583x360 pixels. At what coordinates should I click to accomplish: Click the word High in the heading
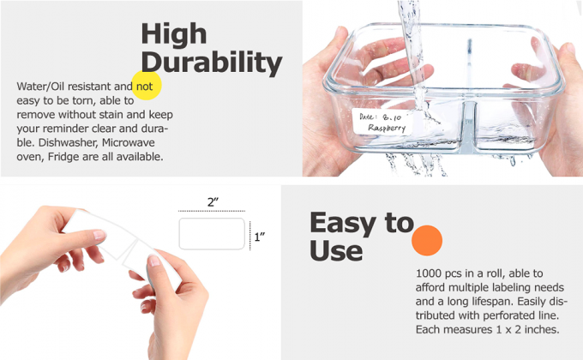point(173,34)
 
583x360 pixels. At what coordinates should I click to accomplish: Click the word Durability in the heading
point(211,63)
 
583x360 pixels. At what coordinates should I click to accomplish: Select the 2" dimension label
point(213,201)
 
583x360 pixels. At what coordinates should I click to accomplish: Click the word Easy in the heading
point(344,223)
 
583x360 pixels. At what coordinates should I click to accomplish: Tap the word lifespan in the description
point(498,302)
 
